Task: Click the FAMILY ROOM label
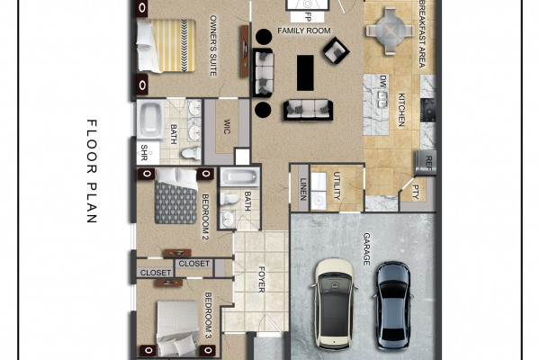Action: tap(304, 31)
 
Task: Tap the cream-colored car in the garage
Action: tap(335, 303)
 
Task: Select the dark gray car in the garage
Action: tap(393, 305)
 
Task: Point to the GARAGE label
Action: tap(366, 249)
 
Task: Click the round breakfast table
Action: tap(390, 31)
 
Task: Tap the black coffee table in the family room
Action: tap(305, 73)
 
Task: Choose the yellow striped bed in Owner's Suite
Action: tap(166, 46)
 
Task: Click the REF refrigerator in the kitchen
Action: tap(427, 162)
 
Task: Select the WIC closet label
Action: tap(227, 126)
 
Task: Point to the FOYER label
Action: tap(262, 279)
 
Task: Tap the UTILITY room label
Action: tap(337, 185)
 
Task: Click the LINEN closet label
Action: tap(303, 189)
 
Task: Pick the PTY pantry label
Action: tap(416, 192)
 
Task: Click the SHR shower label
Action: tap(144, 153)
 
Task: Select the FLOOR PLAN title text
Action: tap(92, 171)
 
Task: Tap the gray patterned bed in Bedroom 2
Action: tap(176, 196)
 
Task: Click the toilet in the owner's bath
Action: tap(191, 153)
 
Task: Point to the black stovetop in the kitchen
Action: tap(428, 110)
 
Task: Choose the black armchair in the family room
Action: tap(336, 50)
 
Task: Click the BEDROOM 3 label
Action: tap(208, 315)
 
